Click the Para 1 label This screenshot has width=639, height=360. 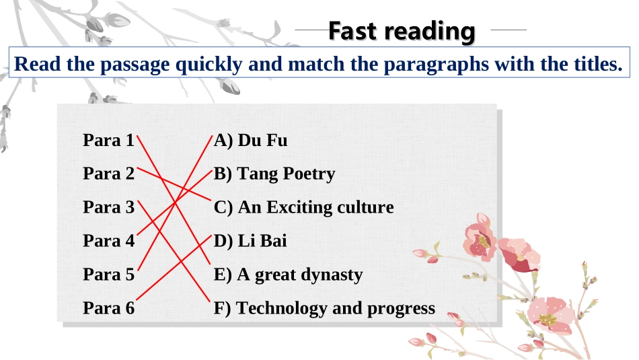[x=108, y=141]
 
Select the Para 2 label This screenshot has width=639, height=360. [x=108, y=174]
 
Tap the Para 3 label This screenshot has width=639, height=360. [x=108, y=207]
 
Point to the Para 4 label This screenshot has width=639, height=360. [x=108, y=240]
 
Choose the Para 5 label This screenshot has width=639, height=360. [x=108, y=275]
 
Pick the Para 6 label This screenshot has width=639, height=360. [x=108, y=308]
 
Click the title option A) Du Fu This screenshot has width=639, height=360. [x=250, y=141]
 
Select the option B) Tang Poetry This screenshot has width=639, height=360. [x=274, y=174]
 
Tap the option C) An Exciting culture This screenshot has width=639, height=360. [x=303, y=207]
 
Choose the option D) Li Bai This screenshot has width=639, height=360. [x=250, y=240]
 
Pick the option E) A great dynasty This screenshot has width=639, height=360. [x=288, y=275]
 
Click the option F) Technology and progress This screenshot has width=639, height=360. [x=324, y=308]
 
